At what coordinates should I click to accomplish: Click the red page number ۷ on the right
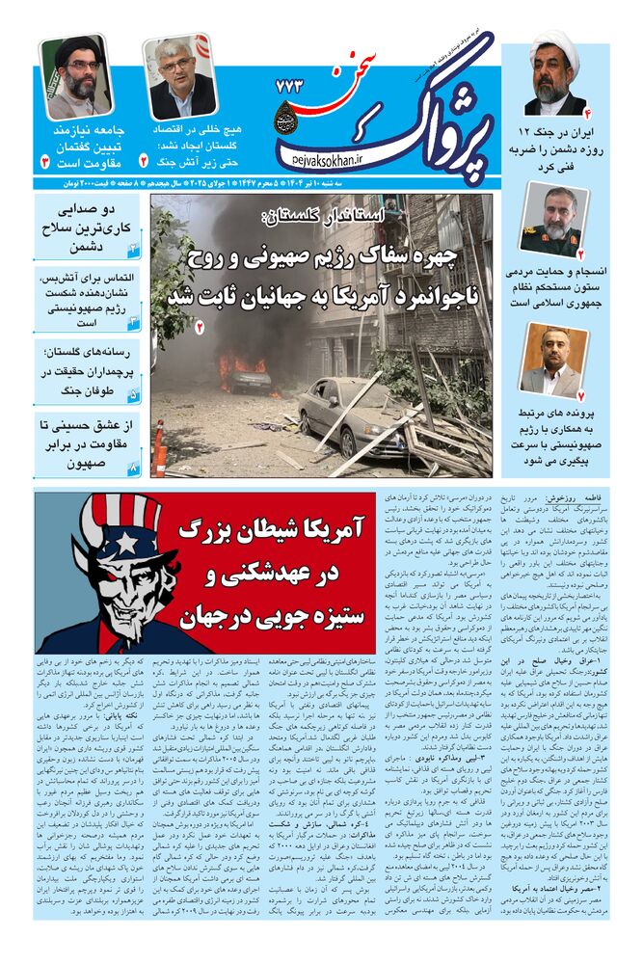(x=578, y=395)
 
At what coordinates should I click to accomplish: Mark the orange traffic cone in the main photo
(x=159, y=449)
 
